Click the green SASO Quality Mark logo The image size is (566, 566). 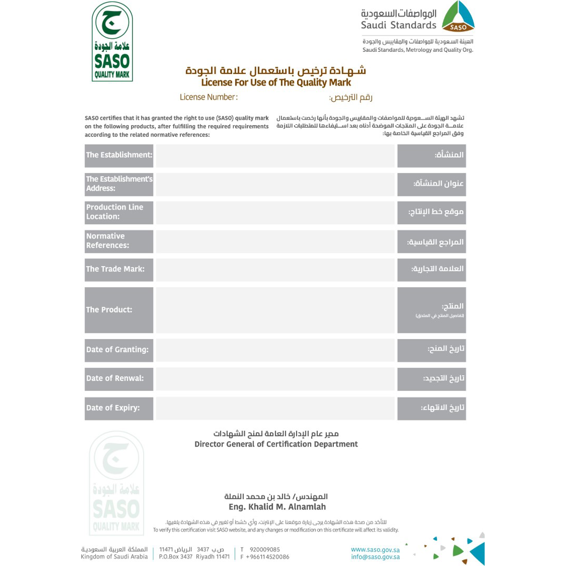point(112,41)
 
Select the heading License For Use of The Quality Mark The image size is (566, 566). point(276,82)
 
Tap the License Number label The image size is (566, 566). point(209,97)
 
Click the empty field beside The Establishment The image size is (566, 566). point(275,155)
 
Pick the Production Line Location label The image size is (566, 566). point(119,212)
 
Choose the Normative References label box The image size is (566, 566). point(119,241)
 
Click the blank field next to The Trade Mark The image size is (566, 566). point(275,269)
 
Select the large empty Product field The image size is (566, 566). point(275,310)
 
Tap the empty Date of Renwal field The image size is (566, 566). point(275,378)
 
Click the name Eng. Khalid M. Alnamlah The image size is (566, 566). point(277,507)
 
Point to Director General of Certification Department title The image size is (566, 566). point(276,444)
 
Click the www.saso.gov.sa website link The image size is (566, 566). point(375,550)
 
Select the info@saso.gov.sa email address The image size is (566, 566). point(375,557)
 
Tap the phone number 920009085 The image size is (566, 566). point(265,550)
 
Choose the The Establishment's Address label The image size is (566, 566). point(119,183)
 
